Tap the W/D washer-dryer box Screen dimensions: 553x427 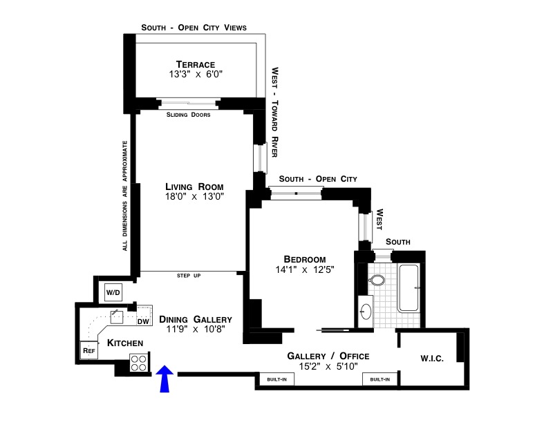coord(113,293)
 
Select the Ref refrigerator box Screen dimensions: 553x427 coord(88,351)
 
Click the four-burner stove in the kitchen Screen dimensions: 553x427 coord(139,363)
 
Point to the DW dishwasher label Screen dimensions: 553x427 coord(143,321)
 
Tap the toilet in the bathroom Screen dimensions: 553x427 coord(377,281)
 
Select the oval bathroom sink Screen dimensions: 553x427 coord(366,312)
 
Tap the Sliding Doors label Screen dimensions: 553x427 coord(189,115)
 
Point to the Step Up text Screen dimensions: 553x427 coord(189,276)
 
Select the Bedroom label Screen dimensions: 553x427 coord(304,259)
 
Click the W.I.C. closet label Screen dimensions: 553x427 coord(432,359)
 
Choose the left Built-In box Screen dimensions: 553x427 coord(272,379)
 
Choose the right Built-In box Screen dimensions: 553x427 coord(379,379)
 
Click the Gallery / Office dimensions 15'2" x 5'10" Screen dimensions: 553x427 coord(328,366)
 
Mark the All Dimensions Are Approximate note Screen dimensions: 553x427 coord(125,196)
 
